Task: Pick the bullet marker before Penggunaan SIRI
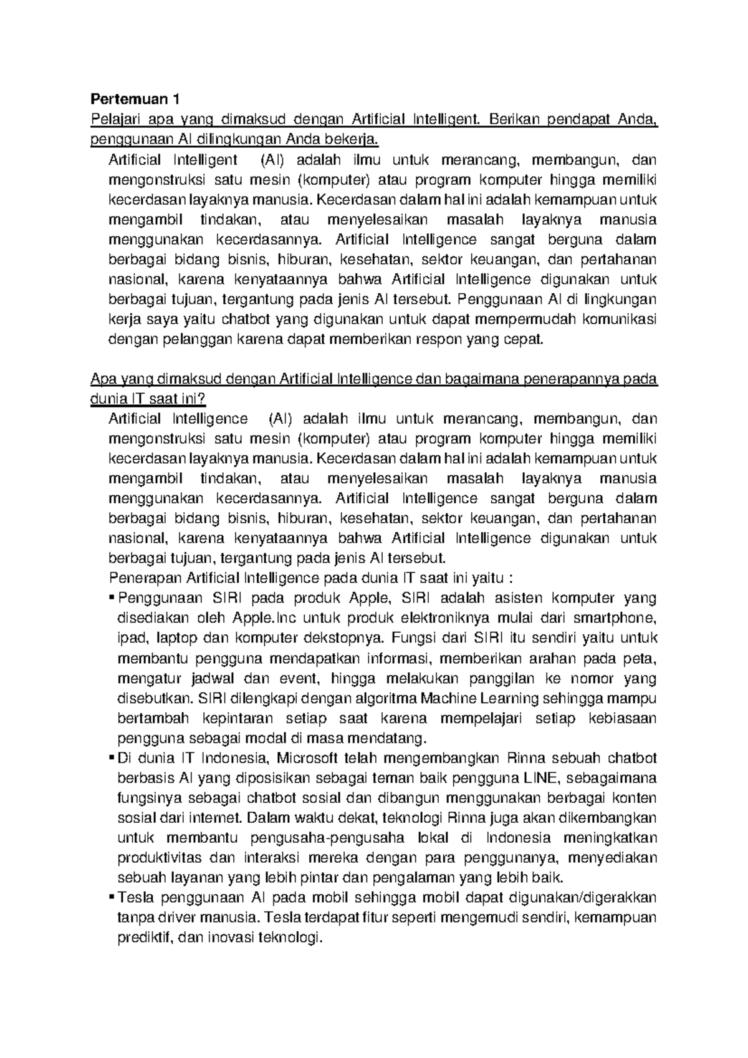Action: [x=112, y=599]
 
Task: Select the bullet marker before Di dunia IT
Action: [x=112, y=759]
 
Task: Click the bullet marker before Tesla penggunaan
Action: [x=112, y=898]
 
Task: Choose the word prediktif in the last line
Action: [x=145, y=938]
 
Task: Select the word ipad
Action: [x=131, y=638]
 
